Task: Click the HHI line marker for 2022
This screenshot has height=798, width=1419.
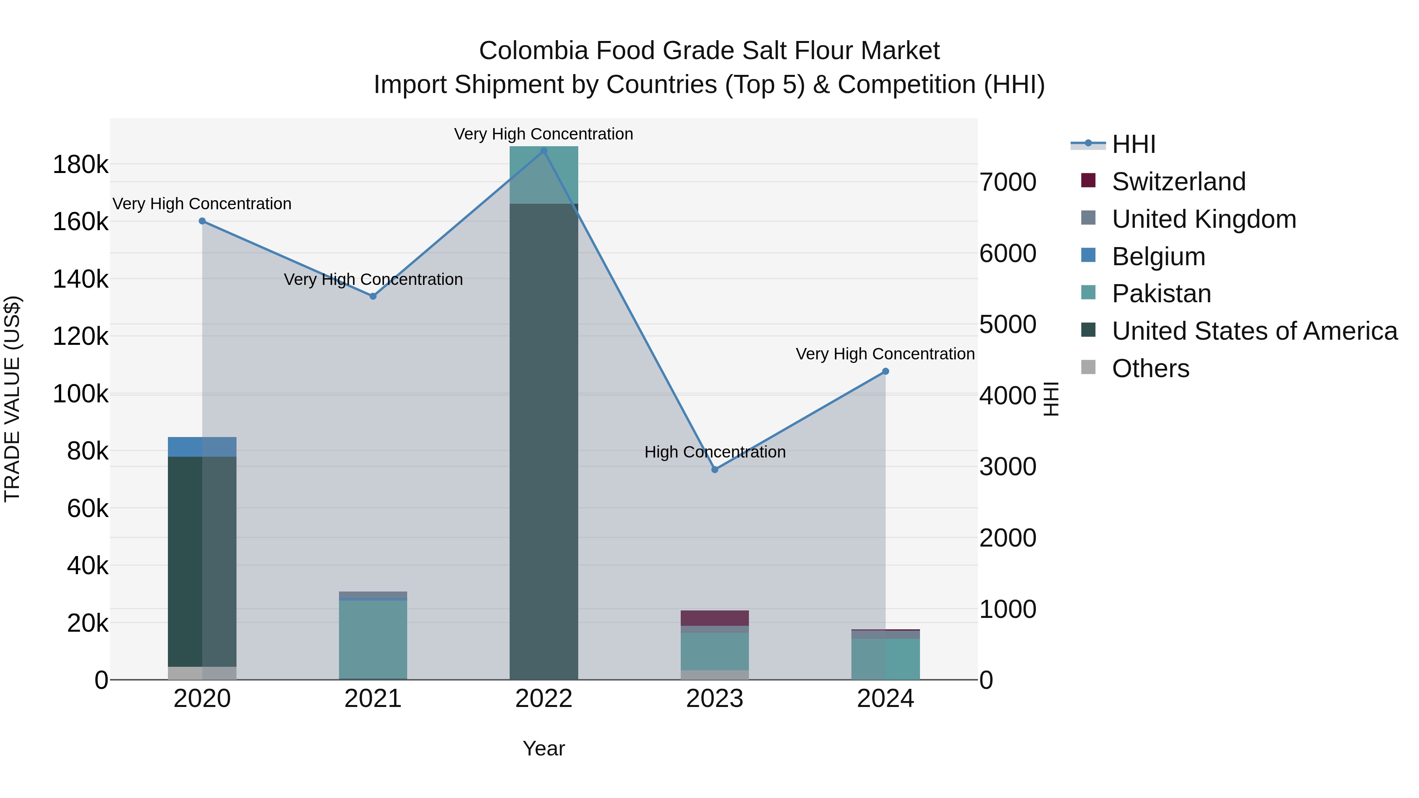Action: [544, 151]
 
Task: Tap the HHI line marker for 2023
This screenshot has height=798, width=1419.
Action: [715, 470]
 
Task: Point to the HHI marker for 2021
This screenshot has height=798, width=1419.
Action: [373, 296]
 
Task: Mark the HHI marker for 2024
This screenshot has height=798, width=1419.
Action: [885, 372]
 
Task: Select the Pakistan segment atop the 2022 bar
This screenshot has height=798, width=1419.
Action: [544, 175]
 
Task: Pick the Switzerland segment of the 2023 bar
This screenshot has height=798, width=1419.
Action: [715, 618]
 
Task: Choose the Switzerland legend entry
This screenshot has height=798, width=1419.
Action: [1178, 182]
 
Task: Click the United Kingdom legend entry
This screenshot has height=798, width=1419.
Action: [1204, 219]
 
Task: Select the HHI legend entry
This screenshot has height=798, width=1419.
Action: [1133, 144]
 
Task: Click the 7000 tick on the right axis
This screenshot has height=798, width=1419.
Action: [1007, 182]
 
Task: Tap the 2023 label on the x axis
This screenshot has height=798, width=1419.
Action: [715, 699]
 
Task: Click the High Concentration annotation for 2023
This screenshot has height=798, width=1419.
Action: [715, 452]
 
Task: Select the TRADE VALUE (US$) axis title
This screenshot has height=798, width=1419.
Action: [12, 399]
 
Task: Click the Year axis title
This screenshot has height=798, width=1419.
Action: [544, 748]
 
